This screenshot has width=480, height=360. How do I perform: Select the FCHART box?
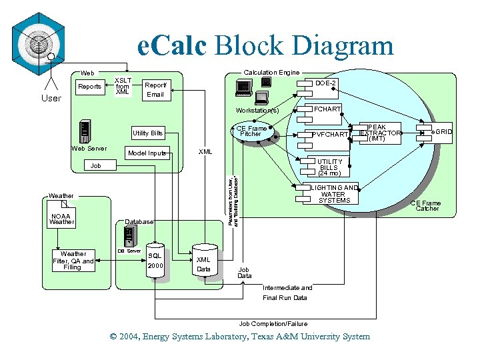tap(327, 109)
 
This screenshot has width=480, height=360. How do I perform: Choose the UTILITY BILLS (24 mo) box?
tap(330, 167)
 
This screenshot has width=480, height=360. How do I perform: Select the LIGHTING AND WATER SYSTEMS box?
tap(334, 194)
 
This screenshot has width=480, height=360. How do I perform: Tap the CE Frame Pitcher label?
tap(251, 131)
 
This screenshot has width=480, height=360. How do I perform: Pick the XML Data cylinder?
tap(204, 264)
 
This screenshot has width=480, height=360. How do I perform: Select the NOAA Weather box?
tap(61, 219)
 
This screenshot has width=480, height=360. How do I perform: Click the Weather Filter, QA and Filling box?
tap(73, 261)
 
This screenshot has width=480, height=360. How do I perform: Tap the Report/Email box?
tap(155, 90)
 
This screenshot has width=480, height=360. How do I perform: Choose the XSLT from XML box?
tap(123, 87)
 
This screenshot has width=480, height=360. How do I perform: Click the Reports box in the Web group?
tap(89, 87)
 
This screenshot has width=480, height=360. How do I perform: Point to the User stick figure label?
tap(51, 98)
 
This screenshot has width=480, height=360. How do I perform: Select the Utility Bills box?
tap(147, 133)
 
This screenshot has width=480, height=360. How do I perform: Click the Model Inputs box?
tap(147, 153)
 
